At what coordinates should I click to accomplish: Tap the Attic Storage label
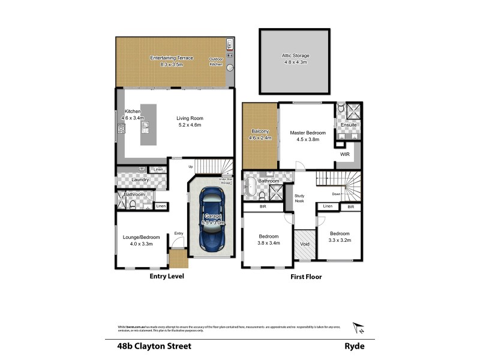295,56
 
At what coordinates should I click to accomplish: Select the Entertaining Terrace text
172,58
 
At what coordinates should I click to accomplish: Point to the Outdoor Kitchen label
215,61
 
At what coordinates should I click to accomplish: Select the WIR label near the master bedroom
344,154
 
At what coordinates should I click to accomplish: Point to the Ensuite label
349,125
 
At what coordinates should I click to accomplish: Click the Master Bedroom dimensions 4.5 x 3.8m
308,139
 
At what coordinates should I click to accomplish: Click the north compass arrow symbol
359,327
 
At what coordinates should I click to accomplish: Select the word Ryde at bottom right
354,346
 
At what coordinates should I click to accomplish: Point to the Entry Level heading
166,277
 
